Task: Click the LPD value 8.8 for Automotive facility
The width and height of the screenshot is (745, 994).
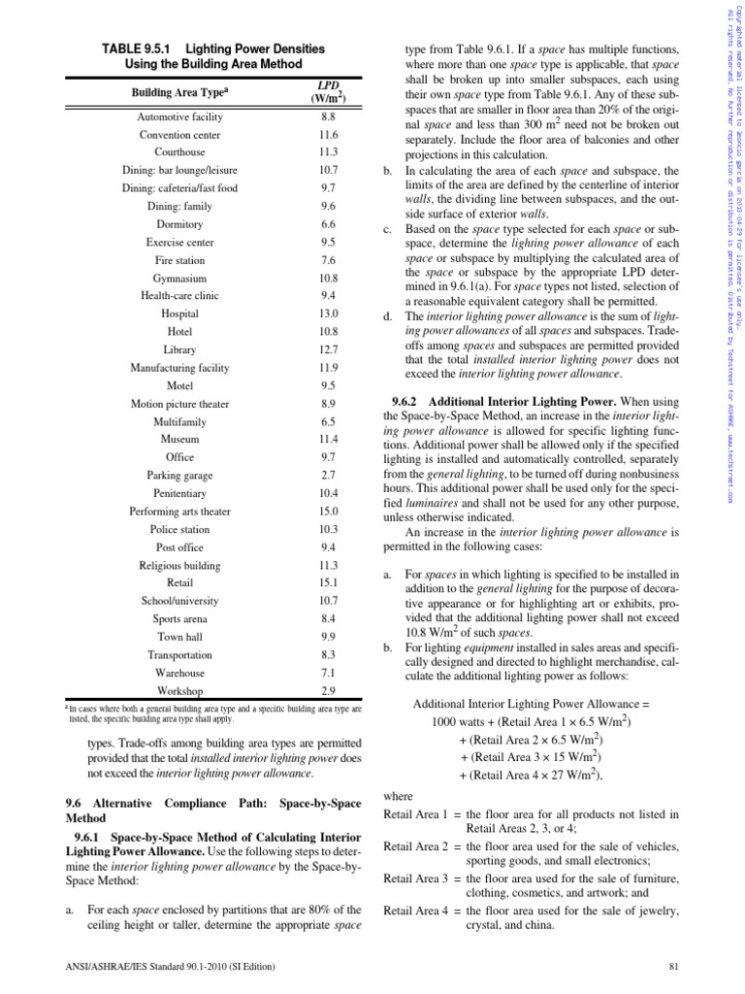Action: (328, 116)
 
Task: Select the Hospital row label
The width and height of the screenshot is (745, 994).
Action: (179, 314)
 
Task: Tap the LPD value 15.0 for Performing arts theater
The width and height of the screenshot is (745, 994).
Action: (328, 512)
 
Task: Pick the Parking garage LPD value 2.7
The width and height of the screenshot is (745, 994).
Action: (328, 476)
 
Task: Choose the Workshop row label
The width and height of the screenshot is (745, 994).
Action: (179, 691)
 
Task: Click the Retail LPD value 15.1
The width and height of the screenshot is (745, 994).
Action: (328, 583)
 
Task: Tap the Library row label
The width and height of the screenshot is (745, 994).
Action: (179, 349)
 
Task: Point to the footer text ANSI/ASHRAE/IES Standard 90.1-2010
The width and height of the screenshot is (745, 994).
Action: (171, 967)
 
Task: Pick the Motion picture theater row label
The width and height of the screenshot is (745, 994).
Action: (179, 404)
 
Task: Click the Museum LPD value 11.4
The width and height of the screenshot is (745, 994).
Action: (328, 440)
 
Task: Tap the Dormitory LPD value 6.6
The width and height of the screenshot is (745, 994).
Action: (328, 224)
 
